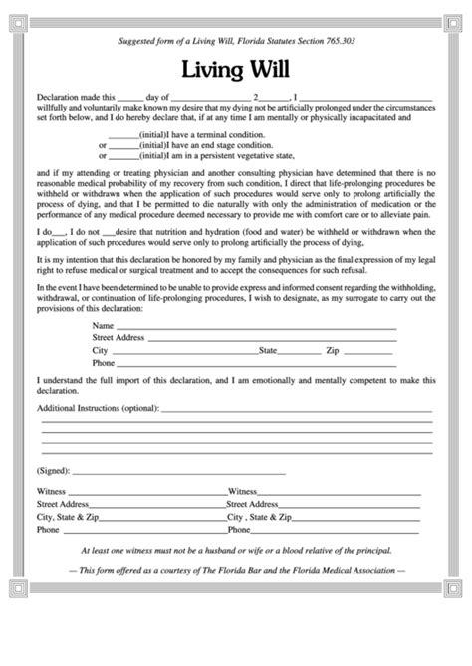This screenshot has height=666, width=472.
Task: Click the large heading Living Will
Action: (236, 69)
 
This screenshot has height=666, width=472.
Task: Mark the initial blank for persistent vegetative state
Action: (122, 155)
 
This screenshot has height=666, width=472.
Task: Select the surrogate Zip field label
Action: (333, 351)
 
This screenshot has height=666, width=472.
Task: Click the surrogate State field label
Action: (268, 351)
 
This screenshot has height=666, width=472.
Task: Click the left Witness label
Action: (51, 491)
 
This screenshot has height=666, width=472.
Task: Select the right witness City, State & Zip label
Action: (259, 518)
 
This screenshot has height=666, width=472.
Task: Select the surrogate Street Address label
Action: (118, 338)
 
